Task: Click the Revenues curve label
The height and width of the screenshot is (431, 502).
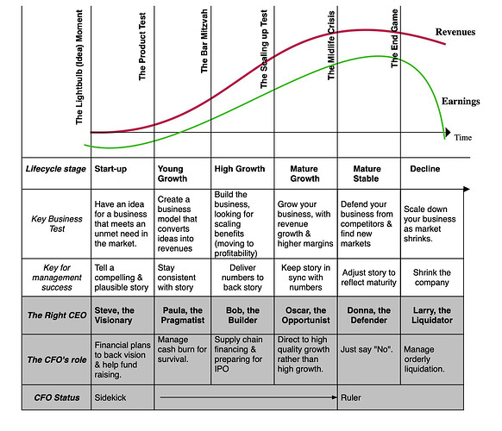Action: tap(455, 32)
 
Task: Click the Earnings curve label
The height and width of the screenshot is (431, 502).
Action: tap(461, 102)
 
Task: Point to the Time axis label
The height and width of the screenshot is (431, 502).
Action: tap(463, 138)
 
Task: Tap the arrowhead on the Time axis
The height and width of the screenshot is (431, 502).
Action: tap(448, 132)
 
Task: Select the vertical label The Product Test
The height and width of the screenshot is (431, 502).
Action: tap(142, 47)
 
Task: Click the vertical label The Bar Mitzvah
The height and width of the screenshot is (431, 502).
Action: tap(204, 41)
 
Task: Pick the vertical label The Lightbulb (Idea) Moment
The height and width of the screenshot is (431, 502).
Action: tap(79, 67)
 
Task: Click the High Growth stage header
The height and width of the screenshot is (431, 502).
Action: tap(240, 169)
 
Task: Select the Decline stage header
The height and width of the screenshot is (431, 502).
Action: tap(425, 169)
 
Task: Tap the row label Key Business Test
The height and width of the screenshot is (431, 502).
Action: tap(57, 224)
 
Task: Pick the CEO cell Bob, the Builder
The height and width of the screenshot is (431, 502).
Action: tap(242, 315)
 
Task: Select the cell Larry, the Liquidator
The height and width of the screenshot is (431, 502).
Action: tap(432, 315)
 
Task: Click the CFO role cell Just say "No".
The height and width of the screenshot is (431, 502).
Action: tap(367, 349)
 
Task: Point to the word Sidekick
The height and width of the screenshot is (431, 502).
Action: tap(110, 397)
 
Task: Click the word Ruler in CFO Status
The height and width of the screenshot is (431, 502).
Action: tap(350, 397)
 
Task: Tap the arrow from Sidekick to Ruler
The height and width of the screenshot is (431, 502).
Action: tap(248, 397)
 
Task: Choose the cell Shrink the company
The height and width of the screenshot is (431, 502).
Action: tap(431, 278)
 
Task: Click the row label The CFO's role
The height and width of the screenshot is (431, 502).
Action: tap(57, 360)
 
